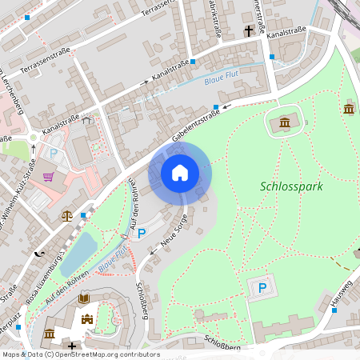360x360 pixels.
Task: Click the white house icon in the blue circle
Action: [x=180, y=172]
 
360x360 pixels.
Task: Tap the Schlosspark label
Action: [x=291, y=186]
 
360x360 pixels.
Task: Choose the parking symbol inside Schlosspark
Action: [x=261, y=288]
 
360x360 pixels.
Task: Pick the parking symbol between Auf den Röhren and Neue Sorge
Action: [x=142, y=233]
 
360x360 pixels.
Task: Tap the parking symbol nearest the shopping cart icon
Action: [x=54, y=153]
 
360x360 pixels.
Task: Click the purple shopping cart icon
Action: [x=49, y=176]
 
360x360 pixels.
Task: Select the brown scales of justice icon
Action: [x=67, y=215]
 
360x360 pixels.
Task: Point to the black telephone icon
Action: [x=40, y=253]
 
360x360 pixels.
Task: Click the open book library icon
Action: [x=84, y=298]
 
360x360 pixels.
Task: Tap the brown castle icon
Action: [x=88, y=318]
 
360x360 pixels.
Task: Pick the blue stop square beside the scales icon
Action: [x=83, y=215]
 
